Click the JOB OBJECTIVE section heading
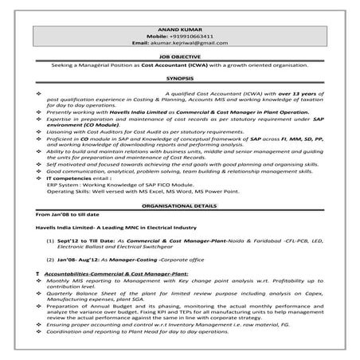pos(179,57)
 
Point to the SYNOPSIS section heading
pos(179,80)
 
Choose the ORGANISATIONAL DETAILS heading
pos(179,205)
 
